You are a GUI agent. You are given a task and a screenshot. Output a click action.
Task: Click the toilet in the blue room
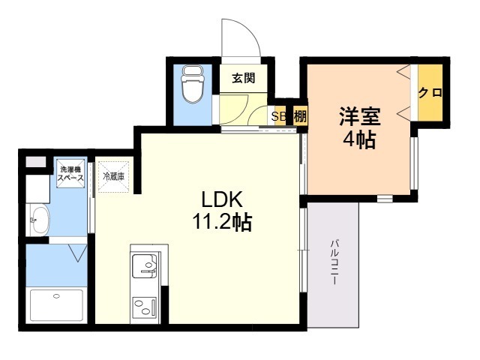point(193,85)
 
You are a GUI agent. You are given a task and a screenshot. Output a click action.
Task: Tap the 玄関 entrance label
point(243,78)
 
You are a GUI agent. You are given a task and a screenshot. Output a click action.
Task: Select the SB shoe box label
point(278,116)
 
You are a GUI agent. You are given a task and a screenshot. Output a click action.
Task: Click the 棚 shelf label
point(300,116)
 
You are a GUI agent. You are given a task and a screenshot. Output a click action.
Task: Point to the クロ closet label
point(430,92)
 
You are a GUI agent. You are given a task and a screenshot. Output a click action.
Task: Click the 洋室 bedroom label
point(360,116)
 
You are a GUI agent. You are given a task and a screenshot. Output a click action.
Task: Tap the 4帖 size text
point(359,140)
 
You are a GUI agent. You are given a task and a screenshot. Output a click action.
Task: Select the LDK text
point(222,199)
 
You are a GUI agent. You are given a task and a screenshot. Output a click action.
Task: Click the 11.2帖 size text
point(222,222)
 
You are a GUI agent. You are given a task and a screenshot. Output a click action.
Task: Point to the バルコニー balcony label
point(334,262)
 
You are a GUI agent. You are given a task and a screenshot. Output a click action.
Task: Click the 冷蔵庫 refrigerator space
point(113,177)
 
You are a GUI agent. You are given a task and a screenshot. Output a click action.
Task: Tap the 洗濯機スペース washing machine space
point(70,173)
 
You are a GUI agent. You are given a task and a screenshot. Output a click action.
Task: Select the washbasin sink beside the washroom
point(40,220)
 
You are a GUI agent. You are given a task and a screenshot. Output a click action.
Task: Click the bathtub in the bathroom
point(56,305)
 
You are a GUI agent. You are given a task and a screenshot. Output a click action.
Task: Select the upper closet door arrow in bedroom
point(403,72)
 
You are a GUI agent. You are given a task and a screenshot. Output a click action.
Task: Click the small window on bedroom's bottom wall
point(385,199)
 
